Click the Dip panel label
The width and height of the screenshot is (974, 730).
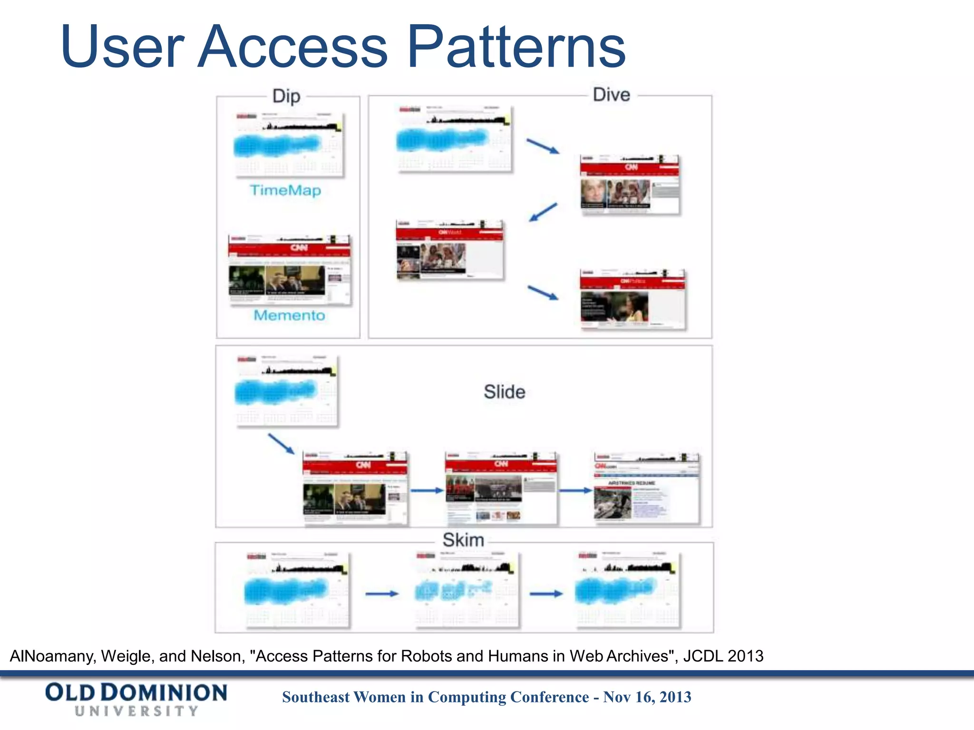(x=286, y=96)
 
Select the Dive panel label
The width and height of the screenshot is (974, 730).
(x=611, y=95)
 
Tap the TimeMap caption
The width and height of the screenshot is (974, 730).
(x=285, y=190)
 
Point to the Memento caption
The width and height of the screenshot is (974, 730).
(x=289, y=315)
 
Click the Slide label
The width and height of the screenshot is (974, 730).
(x=504, y=392)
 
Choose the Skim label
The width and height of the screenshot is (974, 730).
(x=463, y=540)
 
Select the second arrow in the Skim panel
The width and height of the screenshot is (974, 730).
(x=546, y=594)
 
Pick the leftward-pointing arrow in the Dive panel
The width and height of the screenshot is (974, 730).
(x=543, y=212)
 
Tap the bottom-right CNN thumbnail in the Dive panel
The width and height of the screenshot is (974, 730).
(x=633, y=299)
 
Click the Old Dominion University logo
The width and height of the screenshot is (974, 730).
(x=136, y=699)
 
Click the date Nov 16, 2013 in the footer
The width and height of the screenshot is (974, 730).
(x=647, y=697)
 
